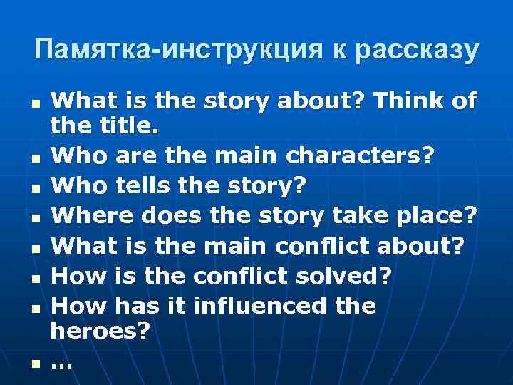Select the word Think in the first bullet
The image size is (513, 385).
point(413,101)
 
